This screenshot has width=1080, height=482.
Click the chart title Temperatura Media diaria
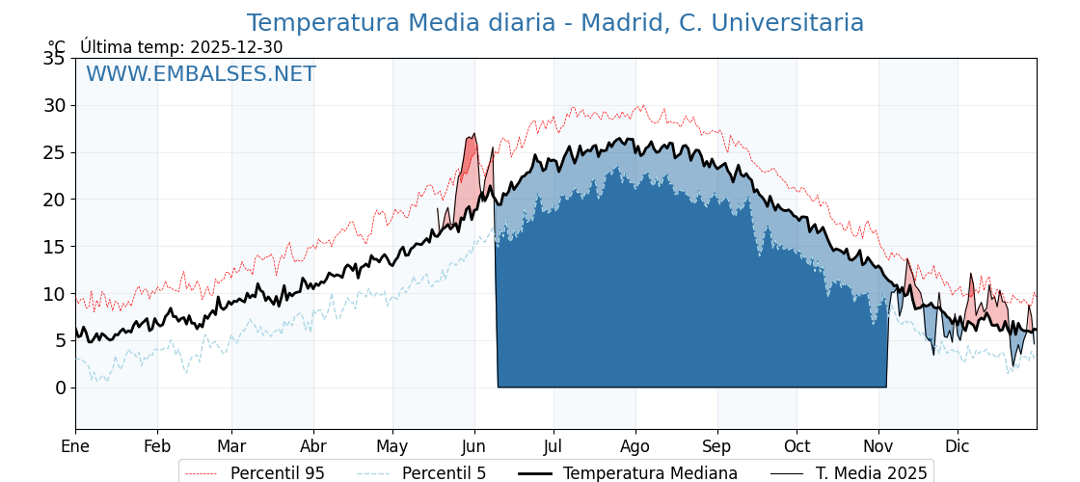click(x=554, y=23)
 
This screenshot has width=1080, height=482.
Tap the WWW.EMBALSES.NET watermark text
click(x=201, y=74)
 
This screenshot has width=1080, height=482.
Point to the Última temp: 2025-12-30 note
click(x=181, y=47)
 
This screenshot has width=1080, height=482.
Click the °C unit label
click(x=57, y=47)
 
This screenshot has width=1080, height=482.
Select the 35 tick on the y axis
click(x=54, y=59)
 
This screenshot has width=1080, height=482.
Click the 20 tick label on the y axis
click(x=54, y=200)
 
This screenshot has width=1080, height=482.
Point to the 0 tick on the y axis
click(x=60, y=388)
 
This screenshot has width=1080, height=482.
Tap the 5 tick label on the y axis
click(x=60, y=340)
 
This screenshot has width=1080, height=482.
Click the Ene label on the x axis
click(x=75, y=446)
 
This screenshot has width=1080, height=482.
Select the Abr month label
click(x=313, y=446)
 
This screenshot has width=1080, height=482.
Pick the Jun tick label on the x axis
click(x=474, y=446)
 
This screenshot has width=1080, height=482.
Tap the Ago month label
click(x=635, y=446)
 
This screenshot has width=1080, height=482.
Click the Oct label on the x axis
click(x=796, y=446)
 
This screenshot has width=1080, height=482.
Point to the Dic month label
click(x=958, y=446)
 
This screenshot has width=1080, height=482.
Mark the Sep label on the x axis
click(x=717, y=446)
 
